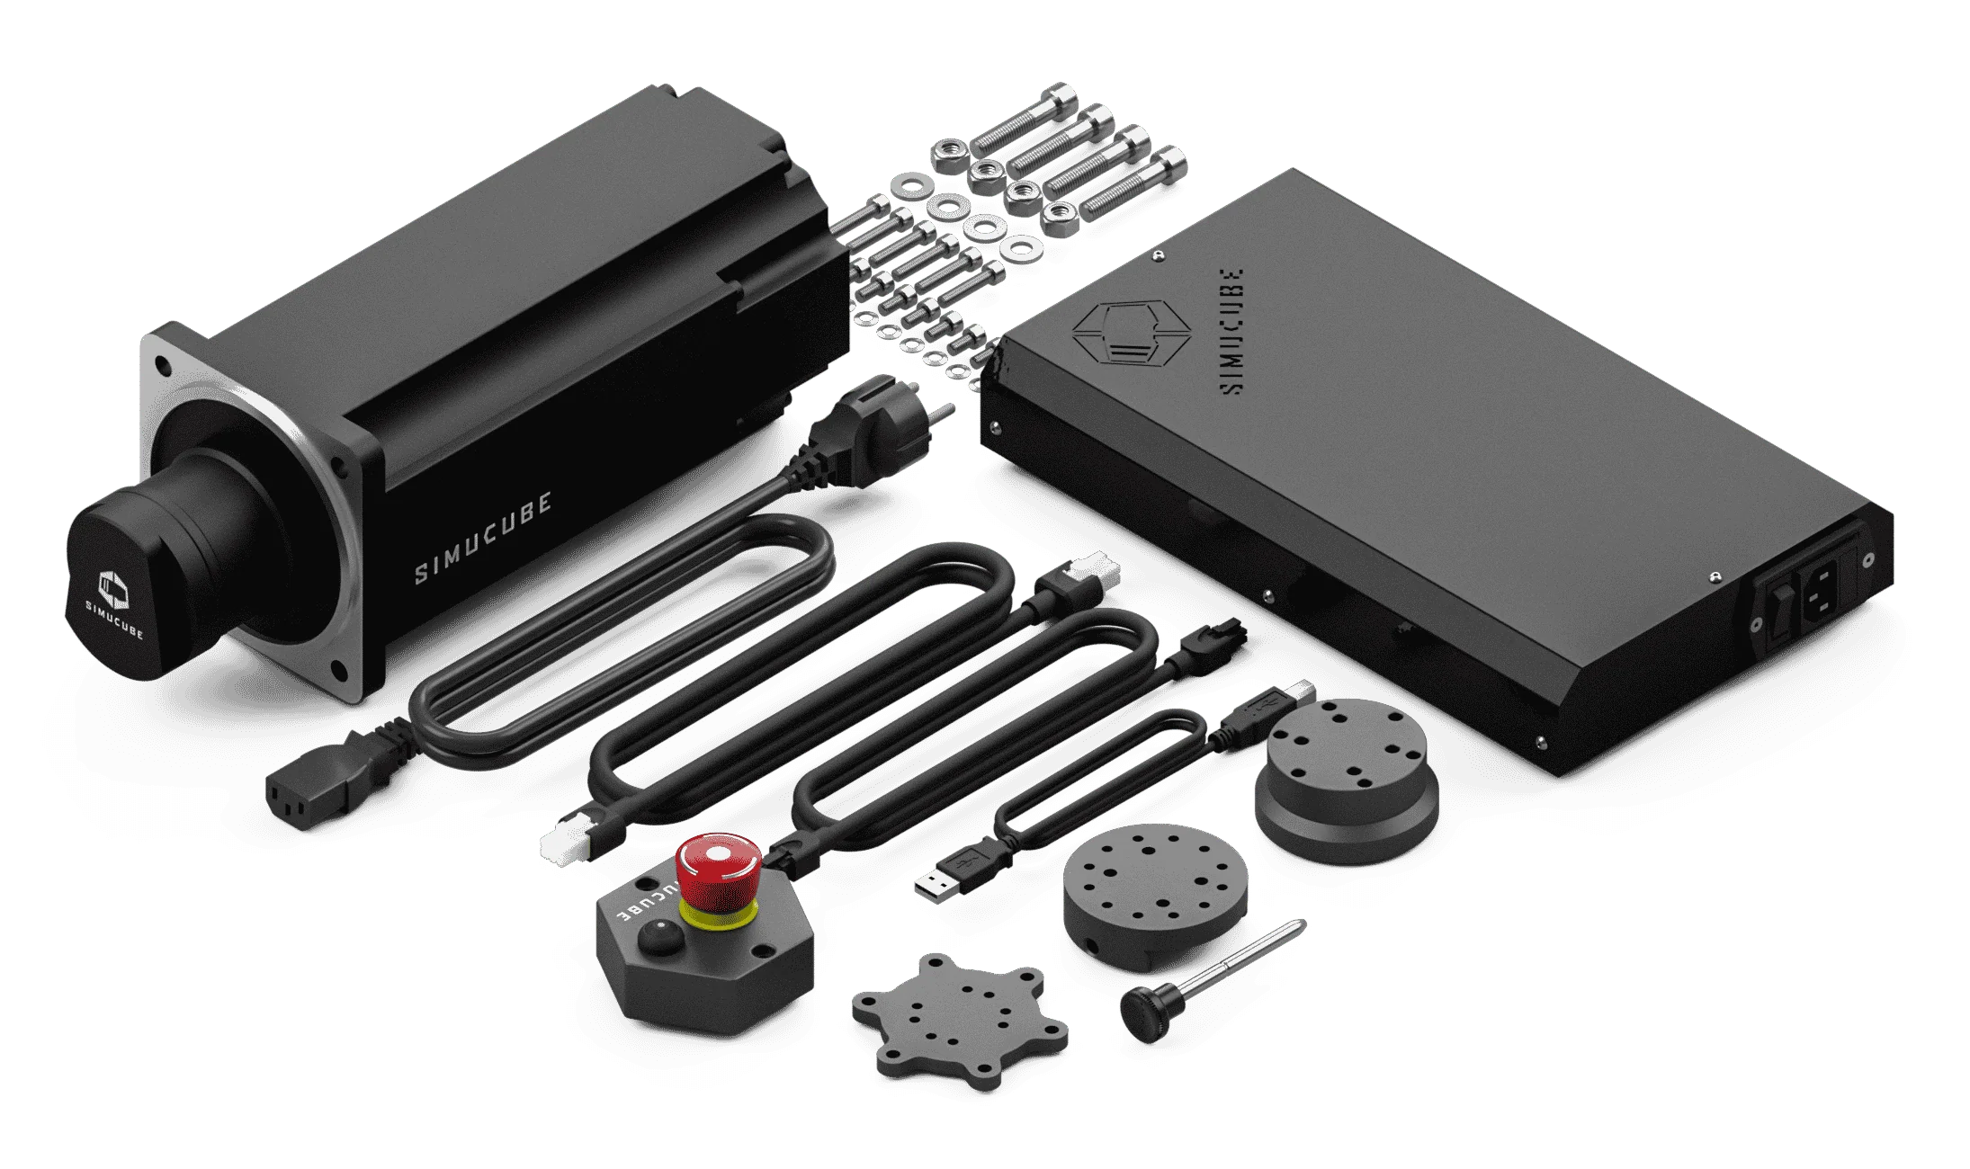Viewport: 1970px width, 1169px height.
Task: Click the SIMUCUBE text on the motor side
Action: coord(483,537)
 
